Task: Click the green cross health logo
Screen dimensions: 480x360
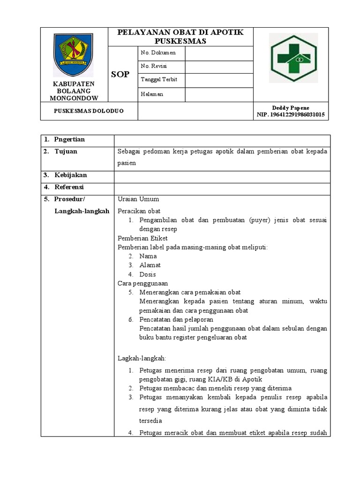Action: tap(293, 59)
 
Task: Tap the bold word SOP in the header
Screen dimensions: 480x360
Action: tap(120, 75)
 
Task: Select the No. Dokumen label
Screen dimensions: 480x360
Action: tap(157, 53)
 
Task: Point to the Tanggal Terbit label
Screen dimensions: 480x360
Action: tap(159, 80)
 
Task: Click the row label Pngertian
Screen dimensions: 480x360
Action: tap(69, 140)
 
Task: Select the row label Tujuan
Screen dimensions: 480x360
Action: tap(66, 151)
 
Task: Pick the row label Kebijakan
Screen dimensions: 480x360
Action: tap(70, 175)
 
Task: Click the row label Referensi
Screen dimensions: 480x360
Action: tap(69, 187)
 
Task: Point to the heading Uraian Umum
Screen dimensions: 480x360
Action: tap(138, 199)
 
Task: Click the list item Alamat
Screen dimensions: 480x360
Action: tap(150, 265)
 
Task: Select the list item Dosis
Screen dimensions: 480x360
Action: tap(148, 275)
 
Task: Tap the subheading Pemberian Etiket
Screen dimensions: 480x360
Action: tap(142, 238)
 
